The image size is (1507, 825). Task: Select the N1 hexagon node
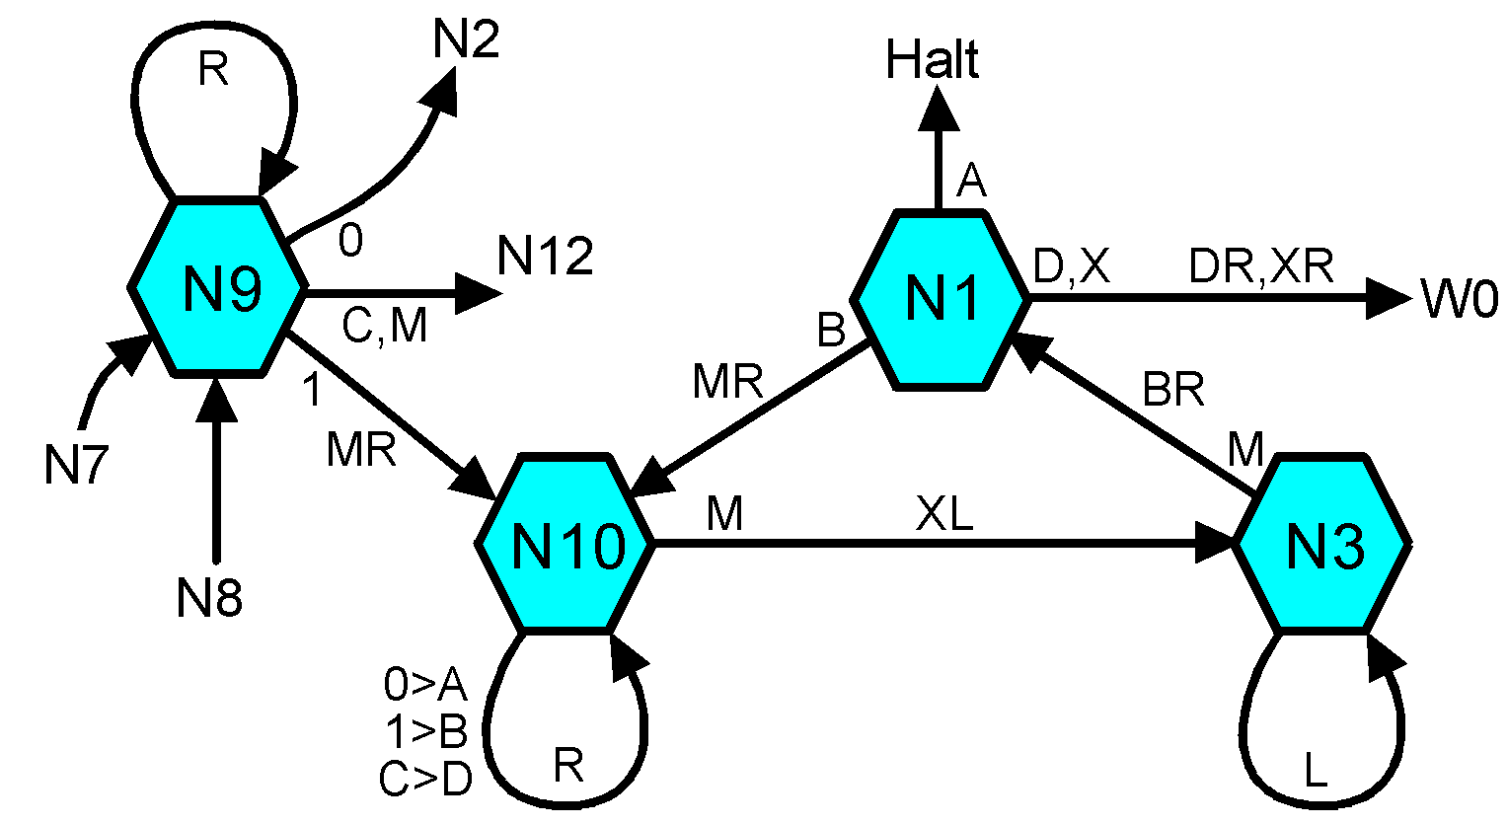click(941, 298)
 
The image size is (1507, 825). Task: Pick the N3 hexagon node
click(1323, 544)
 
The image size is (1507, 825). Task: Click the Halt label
click(932, 61)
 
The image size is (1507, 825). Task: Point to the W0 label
click(1460, 298)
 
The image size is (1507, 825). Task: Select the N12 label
click(545, 258)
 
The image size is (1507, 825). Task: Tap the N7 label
click(75, 466)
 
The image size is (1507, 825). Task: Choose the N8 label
click(209, 598)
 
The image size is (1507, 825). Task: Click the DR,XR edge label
click(1261, 266)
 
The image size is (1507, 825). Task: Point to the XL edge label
click(944, 514)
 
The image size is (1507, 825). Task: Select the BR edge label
click(1173, 392)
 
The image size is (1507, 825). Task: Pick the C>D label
click(424, 780)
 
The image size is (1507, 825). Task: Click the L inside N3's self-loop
click(1316, 772)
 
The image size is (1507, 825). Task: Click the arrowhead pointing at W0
click(1390, 297)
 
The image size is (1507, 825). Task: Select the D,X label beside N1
click(1072, 266)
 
